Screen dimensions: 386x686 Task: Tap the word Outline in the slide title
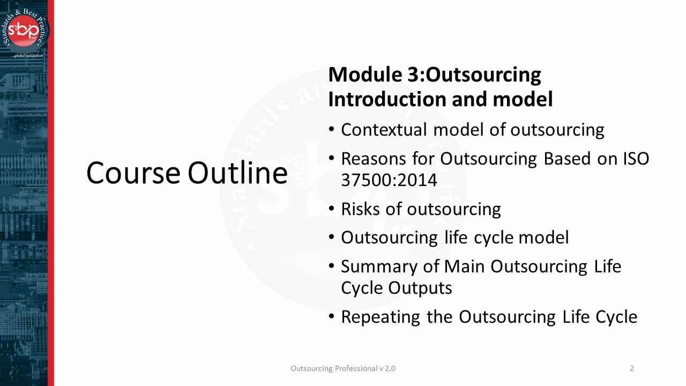pyautogui.click(x=237, y=173)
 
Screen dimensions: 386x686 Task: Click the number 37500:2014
pyautogui.click(x=389, y=180)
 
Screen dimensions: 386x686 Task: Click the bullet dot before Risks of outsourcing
pyautogui.click(x=332, y=208)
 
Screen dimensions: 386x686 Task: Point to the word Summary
pyautogui.click(x=378, y=266)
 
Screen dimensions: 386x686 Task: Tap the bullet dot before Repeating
pyautogui.click(x=332, y=316)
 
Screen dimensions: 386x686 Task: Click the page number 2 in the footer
pyautogui.click(x=632, y=368)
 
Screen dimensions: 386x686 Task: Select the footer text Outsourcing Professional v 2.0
pyautogui.click(x=343, y=368)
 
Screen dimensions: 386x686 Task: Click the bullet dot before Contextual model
pyautogui.click(x=332, y=129)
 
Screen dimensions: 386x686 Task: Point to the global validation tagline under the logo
pyautogui.click(x=28, y=55)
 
